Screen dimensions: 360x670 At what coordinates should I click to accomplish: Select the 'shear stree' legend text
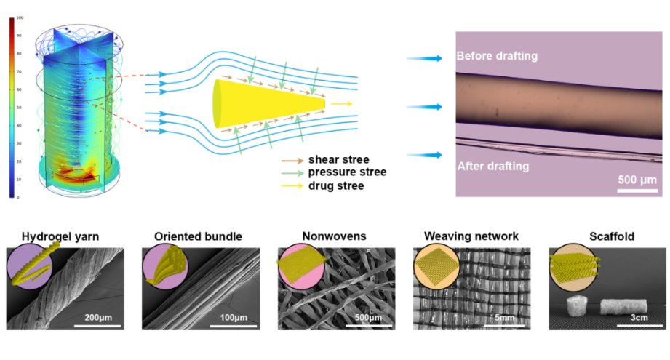[338, 159]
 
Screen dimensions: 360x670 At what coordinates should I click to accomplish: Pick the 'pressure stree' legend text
[347, 172]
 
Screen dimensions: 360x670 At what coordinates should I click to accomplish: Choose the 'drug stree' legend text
[335, 186]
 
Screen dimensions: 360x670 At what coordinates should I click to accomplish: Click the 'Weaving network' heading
[471, 236]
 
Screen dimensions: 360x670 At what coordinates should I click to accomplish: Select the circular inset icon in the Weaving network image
[435, 266]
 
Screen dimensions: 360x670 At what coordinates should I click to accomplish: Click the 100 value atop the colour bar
[20, 17]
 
